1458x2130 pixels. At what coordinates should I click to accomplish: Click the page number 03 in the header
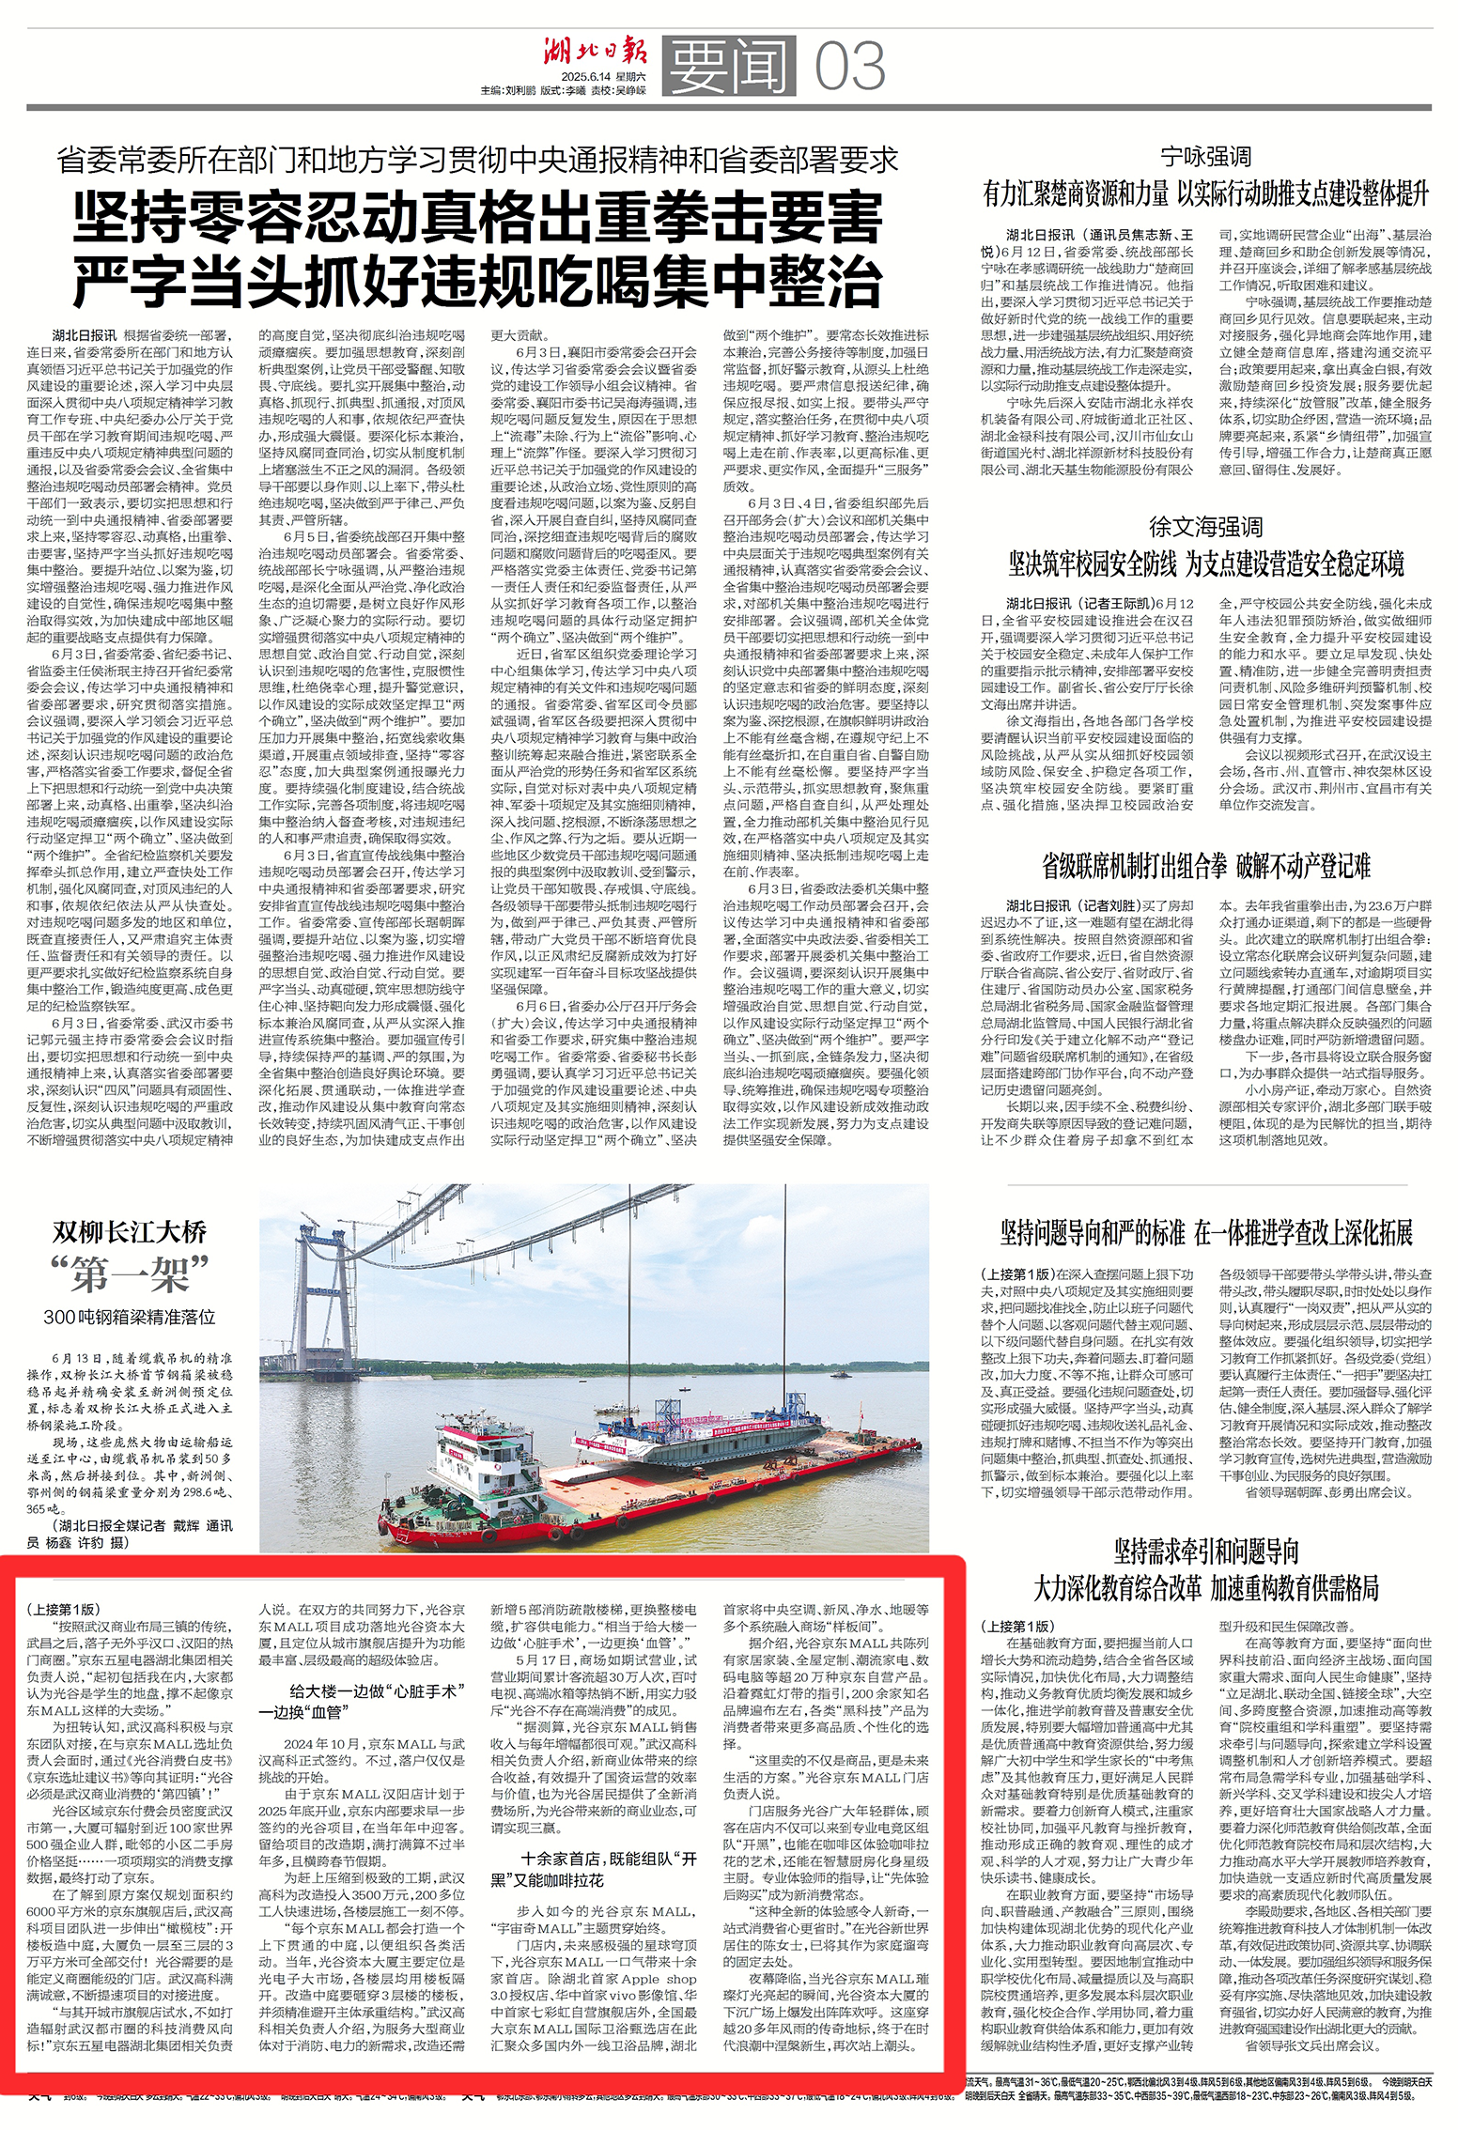849,66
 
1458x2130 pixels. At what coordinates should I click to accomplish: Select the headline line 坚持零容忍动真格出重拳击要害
478,219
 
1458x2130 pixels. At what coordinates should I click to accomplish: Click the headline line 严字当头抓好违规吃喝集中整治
478,280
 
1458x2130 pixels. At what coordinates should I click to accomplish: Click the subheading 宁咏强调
1205,157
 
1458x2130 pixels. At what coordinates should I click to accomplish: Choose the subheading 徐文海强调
1205,526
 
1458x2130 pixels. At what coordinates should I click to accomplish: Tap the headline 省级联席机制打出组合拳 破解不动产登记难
1205,865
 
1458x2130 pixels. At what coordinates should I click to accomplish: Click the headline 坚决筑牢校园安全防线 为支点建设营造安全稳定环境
1205,563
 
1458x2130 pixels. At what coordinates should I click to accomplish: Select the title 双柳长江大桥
130,1231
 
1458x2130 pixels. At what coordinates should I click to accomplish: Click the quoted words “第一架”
130,1274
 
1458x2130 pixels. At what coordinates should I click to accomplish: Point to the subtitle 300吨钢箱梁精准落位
130,1317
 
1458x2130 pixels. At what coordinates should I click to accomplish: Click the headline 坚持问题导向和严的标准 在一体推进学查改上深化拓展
1205,1233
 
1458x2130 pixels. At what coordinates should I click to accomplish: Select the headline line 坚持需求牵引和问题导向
1205,1551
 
